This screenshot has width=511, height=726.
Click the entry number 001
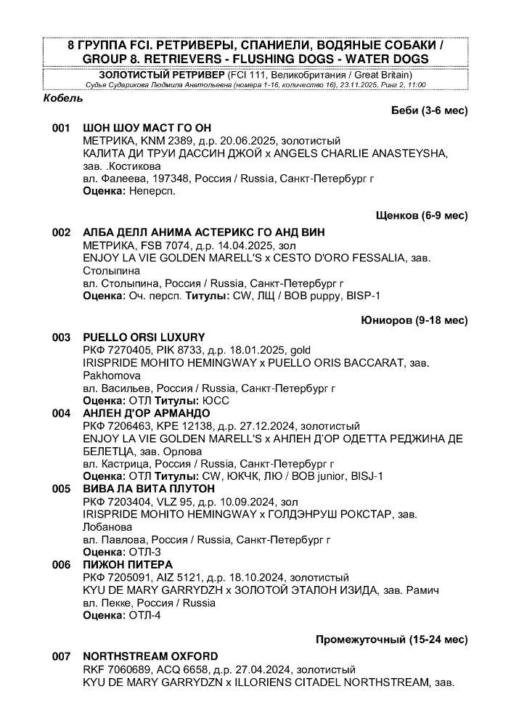click(61, 128)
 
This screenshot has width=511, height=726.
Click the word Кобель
click(63, 98)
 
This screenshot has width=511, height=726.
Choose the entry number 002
click(61, 232)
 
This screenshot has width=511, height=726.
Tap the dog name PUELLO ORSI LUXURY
click(144, 338)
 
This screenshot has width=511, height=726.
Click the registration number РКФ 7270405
click(113, 350)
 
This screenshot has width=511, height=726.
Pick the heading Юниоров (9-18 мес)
click(414, 320)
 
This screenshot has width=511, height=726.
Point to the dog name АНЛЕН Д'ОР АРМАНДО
click(147, 413)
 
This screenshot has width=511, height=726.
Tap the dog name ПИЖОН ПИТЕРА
click(128, 564)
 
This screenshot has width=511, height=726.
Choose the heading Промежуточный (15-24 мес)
click(391, 640)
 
